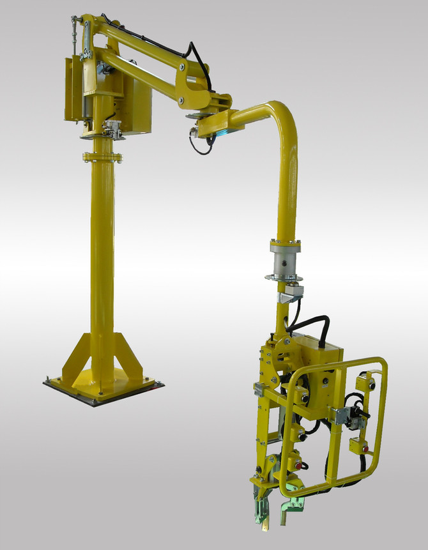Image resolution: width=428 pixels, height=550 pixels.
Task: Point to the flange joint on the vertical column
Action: tap(102, 156)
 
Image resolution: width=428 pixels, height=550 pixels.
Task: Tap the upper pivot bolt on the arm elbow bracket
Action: tap(183, 66)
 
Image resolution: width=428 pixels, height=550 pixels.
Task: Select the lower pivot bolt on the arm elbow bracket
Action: tap(181, 100)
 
